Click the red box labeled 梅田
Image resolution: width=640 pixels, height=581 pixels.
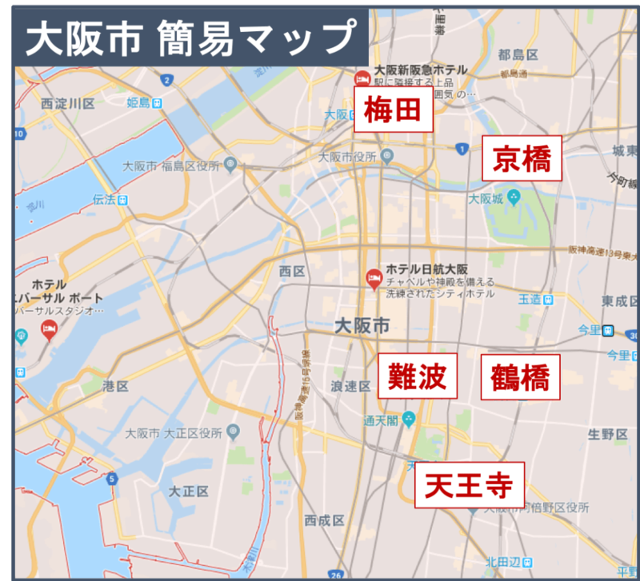click(x=393, y=110)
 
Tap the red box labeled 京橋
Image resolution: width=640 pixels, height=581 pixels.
click(x=522, y=158)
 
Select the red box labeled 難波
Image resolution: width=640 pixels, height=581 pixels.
click(x=417, y=376)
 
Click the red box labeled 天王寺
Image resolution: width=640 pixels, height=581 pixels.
click(x=469, y=484)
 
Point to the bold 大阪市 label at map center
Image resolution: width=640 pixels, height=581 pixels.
click(x=362, y=325)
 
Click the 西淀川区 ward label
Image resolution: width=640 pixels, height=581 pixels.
click(x=68, y=104)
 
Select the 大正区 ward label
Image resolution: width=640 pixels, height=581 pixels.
click(x=189, y=491)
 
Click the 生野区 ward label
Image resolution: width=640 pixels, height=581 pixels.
click(x=608, y=434)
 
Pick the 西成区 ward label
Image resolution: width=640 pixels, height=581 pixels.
click(x=324, y=520)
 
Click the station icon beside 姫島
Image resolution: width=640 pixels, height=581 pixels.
click(x=158, y=102)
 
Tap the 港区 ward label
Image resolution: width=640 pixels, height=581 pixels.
click(x=115, y=386)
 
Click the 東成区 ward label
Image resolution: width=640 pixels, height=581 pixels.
click(x=621, y=301)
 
